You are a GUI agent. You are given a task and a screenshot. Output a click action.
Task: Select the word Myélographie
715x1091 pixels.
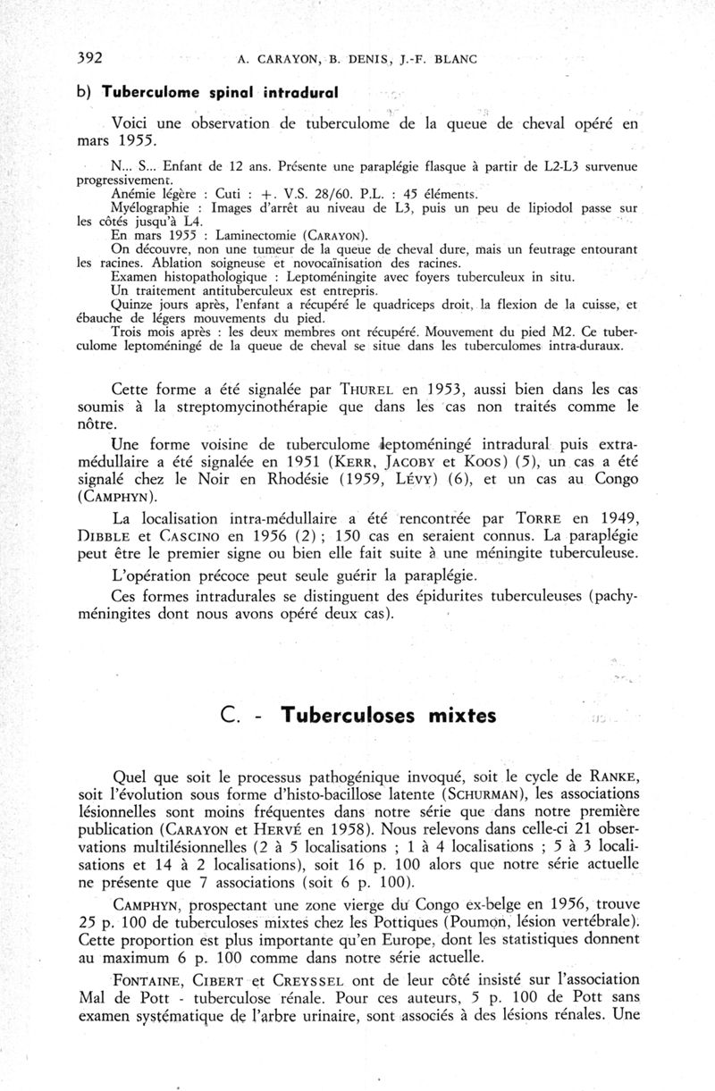144,207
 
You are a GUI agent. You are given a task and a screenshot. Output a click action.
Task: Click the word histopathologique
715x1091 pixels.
200,277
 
